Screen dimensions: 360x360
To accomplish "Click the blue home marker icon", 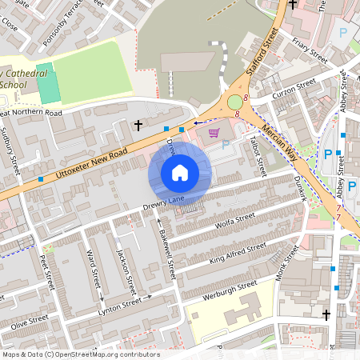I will click(180, 173).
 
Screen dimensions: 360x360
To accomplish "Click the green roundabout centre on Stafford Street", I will click(234, 102).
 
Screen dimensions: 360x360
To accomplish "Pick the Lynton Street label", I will click(119, 305).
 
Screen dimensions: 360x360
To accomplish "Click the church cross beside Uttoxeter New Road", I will click(138, 125).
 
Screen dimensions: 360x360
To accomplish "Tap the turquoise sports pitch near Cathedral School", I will click(48, 82).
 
